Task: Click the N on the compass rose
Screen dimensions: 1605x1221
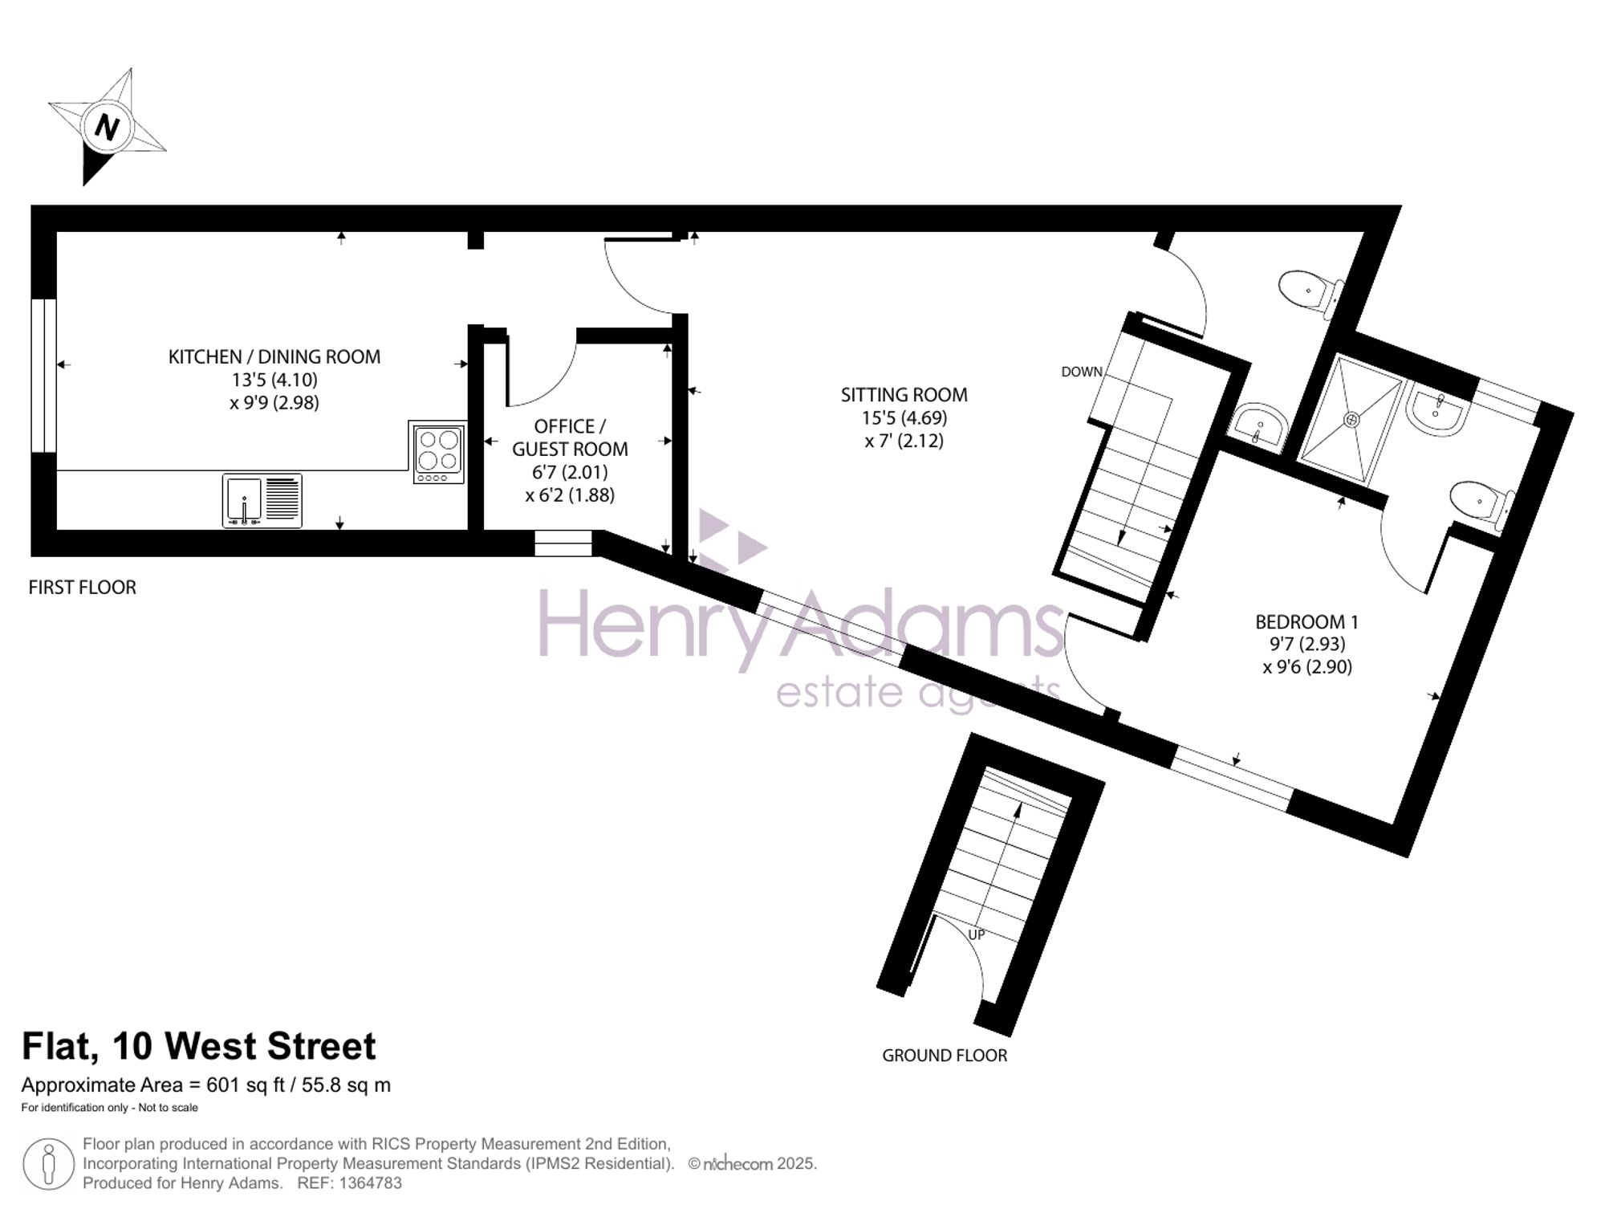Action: coord(107,127)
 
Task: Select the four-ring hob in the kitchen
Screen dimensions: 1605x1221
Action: coord(439,454)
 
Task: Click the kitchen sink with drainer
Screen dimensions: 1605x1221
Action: coord(262,501)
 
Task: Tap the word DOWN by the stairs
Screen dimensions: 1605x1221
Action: coord(1082,372)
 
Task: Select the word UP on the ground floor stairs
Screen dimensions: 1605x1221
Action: coord(976,935)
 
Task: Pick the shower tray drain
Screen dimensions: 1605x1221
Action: coord(1352,418)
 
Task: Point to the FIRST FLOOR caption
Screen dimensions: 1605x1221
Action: coord(83,588)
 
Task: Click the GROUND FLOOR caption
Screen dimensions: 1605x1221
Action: coord(945,1056)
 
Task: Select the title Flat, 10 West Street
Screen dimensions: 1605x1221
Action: coord(198,1046)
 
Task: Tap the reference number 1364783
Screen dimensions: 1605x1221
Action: coord(371,1182)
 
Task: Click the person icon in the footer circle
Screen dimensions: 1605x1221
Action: coord(48,1165)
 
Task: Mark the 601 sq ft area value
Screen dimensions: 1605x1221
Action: coord(246,1085)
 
